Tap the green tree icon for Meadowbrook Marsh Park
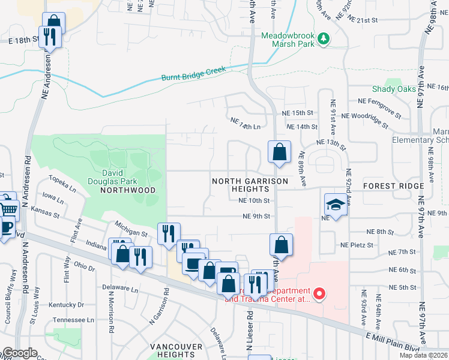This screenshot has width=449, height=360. click(x=325, y=39)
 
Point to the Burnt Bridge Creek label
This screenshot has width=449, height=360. click(x=193, y=74)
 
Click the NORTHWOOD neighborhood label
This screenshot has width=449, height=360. click(x=128, y=190)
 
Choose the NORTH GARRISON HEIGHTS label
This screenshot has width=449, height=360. click(x=250, y=184)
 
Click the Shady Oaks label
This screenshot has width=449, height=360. click(x=394, y=89)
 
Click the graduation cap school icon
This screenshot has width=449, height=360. click(x=336, y=205)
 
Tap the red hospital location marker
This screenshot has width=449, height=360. click(x=320, y=293)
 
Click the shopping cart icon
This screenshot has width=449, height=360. click(x=7, y=209)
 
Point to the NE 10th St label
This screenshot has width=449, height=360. click(x=254, y=201)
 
